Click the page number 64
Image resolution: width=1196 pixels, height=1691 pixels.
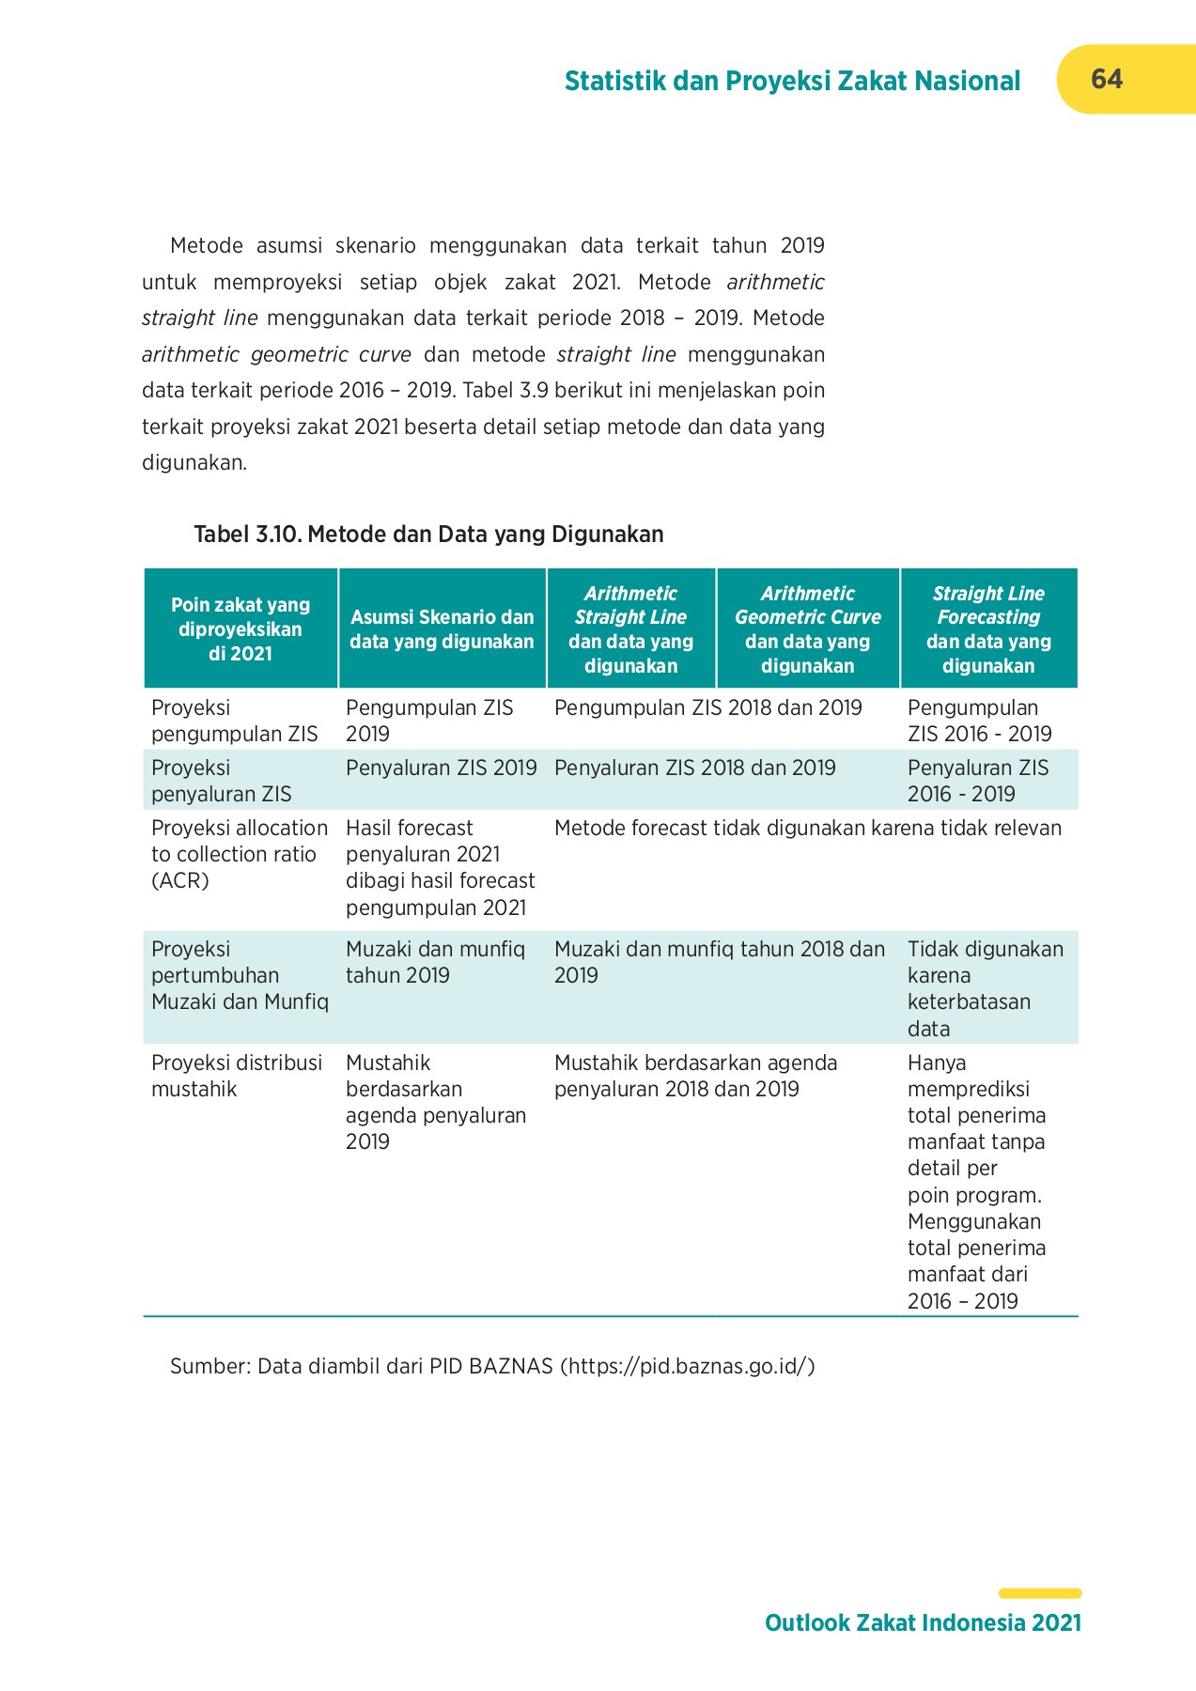coord(1106,79)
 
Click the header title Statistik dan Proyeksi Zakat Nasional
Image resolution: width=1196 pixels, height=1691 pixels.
coord(791,82)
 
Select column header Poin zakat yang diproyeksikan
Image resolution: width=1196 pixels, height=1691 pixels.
coord(241,628)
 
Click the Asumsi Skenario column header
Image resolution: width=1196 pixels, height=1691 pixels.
coord(442,628)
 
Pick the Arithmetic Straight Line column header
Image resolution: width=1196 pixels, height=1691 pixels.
coord(630,628)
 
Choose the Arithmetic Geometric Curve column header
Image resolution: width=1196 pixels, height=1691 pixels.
coord(807,628)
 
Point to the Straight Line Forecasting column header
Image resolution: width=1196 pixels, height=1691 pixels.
coord(987,628)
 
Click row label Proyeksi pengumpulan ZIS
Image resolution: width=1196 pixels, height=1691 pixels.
coord(234,721)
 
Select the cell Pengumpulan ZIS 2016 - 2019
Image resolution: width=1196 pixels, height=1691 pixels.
coord(979,721)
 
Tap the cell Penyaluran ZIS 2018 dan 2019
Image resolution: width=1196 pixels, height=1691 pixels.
coord(694,768)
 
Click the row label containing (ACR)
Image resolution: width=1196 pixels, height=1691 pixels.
coord(239,854)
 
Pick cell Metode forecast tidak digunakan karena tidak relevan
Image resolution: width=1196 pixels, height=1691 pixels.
coord(807,829)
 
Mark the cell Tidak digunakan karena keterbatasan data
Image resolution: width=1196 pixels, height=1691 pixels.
coord(985,987)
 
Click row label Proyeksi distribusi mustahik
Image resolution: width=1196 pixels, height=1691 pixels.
coord(236,1076)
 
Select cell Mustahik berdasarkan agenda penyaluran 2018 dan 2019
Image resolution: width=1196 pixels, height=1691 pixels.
coord(694,1076)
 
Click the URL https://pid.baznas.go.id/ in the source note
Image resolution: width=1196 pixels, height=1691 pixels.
coord(687,1366)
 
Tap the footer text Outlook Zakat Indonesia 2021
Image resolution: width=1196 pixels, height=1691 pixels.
coord(923,1622)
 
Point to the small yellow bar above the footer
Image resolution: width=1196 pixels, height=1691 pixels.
coord(1039,1593)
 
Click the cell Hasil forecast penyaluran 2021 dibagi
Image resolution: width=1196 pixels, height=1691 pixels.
coord(440,867)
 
